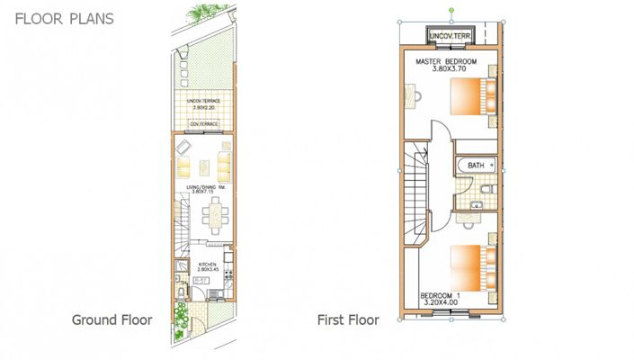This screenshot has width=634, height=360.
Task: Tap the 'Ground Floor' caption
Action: click(x=112, y=319)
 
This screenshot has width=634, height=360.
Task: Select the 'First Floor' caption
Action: click(x=348, y=319)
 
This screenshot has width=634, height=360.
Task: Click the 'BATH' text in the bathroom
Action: click(x=476, y=166)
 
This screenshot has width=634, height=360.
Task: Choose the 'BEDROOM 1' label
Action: click(x=441, y=294)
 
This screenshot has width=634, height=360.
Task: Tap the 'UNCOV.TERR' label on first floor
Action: click(x=451, y=36)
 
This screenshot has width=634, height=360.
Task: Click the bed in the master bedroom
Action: click(x=471, y=96)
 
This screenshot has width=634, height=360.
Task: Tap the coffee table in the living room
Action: click(x=203, y=166)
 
